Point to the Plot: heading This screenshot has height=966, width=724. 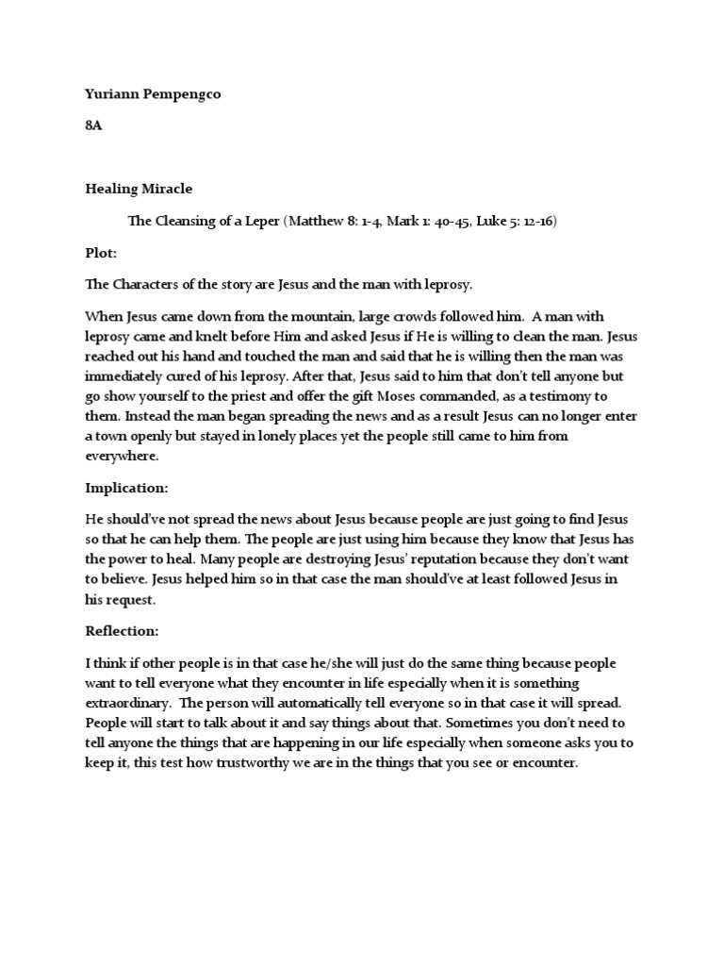pyautogui.click(x=100, y=254)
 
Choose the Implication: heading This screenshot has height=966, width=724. pyautogui.click(x=126, y=489)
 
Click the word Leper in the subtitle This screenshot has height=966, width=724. pyautogui.click(x=257, y=221)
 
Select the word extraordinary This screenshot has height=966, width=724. pyautogui.click(x=128, y=703)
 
